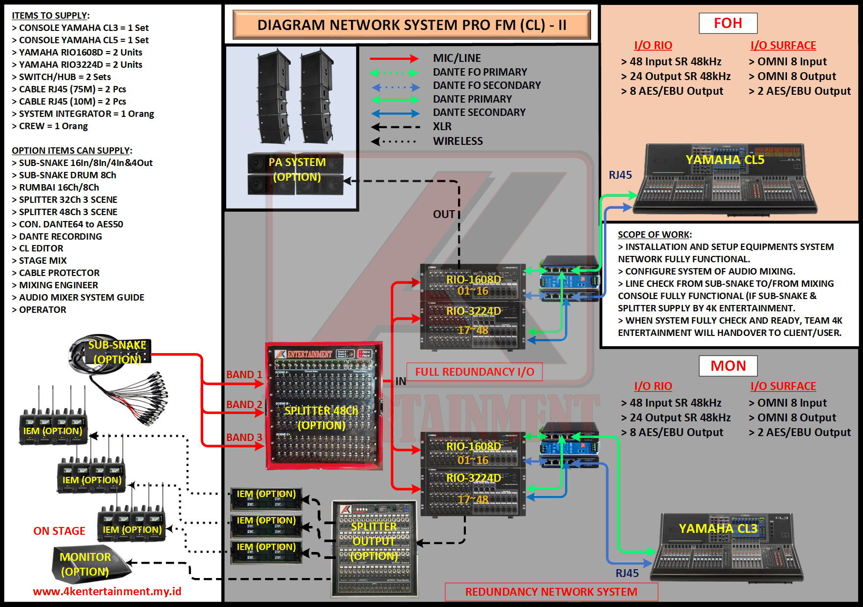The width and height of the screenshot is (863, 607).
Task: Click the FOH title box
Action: [x=728, y=23]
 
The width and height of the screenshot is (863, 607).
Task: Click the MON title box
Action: [x=728, y=366]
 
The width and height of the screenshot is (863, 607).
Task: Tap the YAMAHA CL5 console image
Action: [x=725, y=180]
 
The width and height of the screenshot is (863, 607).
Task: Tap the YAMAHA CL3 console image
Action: [x=726, y=548]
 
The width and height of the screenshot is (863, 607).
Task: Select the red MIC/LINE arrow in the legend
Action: [x=394, y=58]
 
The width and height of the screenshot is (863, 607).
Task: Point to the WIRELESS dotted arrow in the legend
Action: [x=395, y=141]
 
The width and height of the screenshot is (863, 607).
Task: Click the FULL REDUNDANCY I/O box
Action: [x=474, y=372]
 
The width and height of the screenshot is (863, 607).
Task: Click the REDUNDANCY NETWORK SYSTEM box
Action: [x=551, y=592]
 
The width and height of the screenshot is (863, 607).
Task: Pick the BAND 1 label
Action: [x=244, y=374]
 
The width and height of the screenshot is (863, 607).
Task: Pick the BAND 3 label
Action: [x=244, y=437]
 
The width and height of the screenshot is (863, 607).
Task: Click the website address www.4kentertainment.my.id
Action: [x=107, y=591]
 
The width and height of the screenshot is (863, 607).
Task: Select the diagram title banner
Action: [x=411, y=25]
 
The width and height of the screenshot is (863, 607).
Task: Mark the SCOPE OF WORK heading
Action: [x=654, y=235]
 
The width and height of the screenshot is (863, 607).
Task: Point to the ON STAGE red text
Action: [x=59, y=531]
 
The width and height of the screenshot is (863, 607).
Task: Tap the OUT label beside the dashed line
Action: [x=444, y=214]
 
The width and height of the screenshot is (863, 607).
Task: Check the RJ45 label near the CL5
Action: [x=620, y=175]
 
